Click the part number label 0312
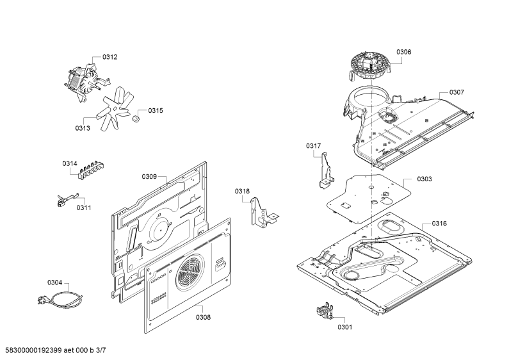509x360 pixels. [109, 57]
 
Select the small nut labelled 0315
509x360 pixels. [136, 118]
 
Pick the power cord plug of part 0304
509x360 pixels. [42, 300]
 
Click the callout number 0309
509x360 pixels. [149, 177]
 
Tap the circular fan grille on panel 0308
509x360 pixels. [190, 272]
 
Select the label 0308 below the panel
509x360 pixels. [203, 318]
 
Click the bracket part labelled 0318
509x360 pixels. [263, 212]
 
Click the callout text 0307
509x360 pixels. [456, 93]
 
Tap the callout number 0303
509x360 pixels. [424, 179]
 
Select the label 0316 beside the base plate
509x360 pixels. [439, 224]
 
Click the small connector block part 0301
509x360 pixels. [325, 311]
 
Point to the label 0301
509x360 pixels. [344, 327]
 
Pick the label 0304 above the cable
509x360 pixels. [54, 282]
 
